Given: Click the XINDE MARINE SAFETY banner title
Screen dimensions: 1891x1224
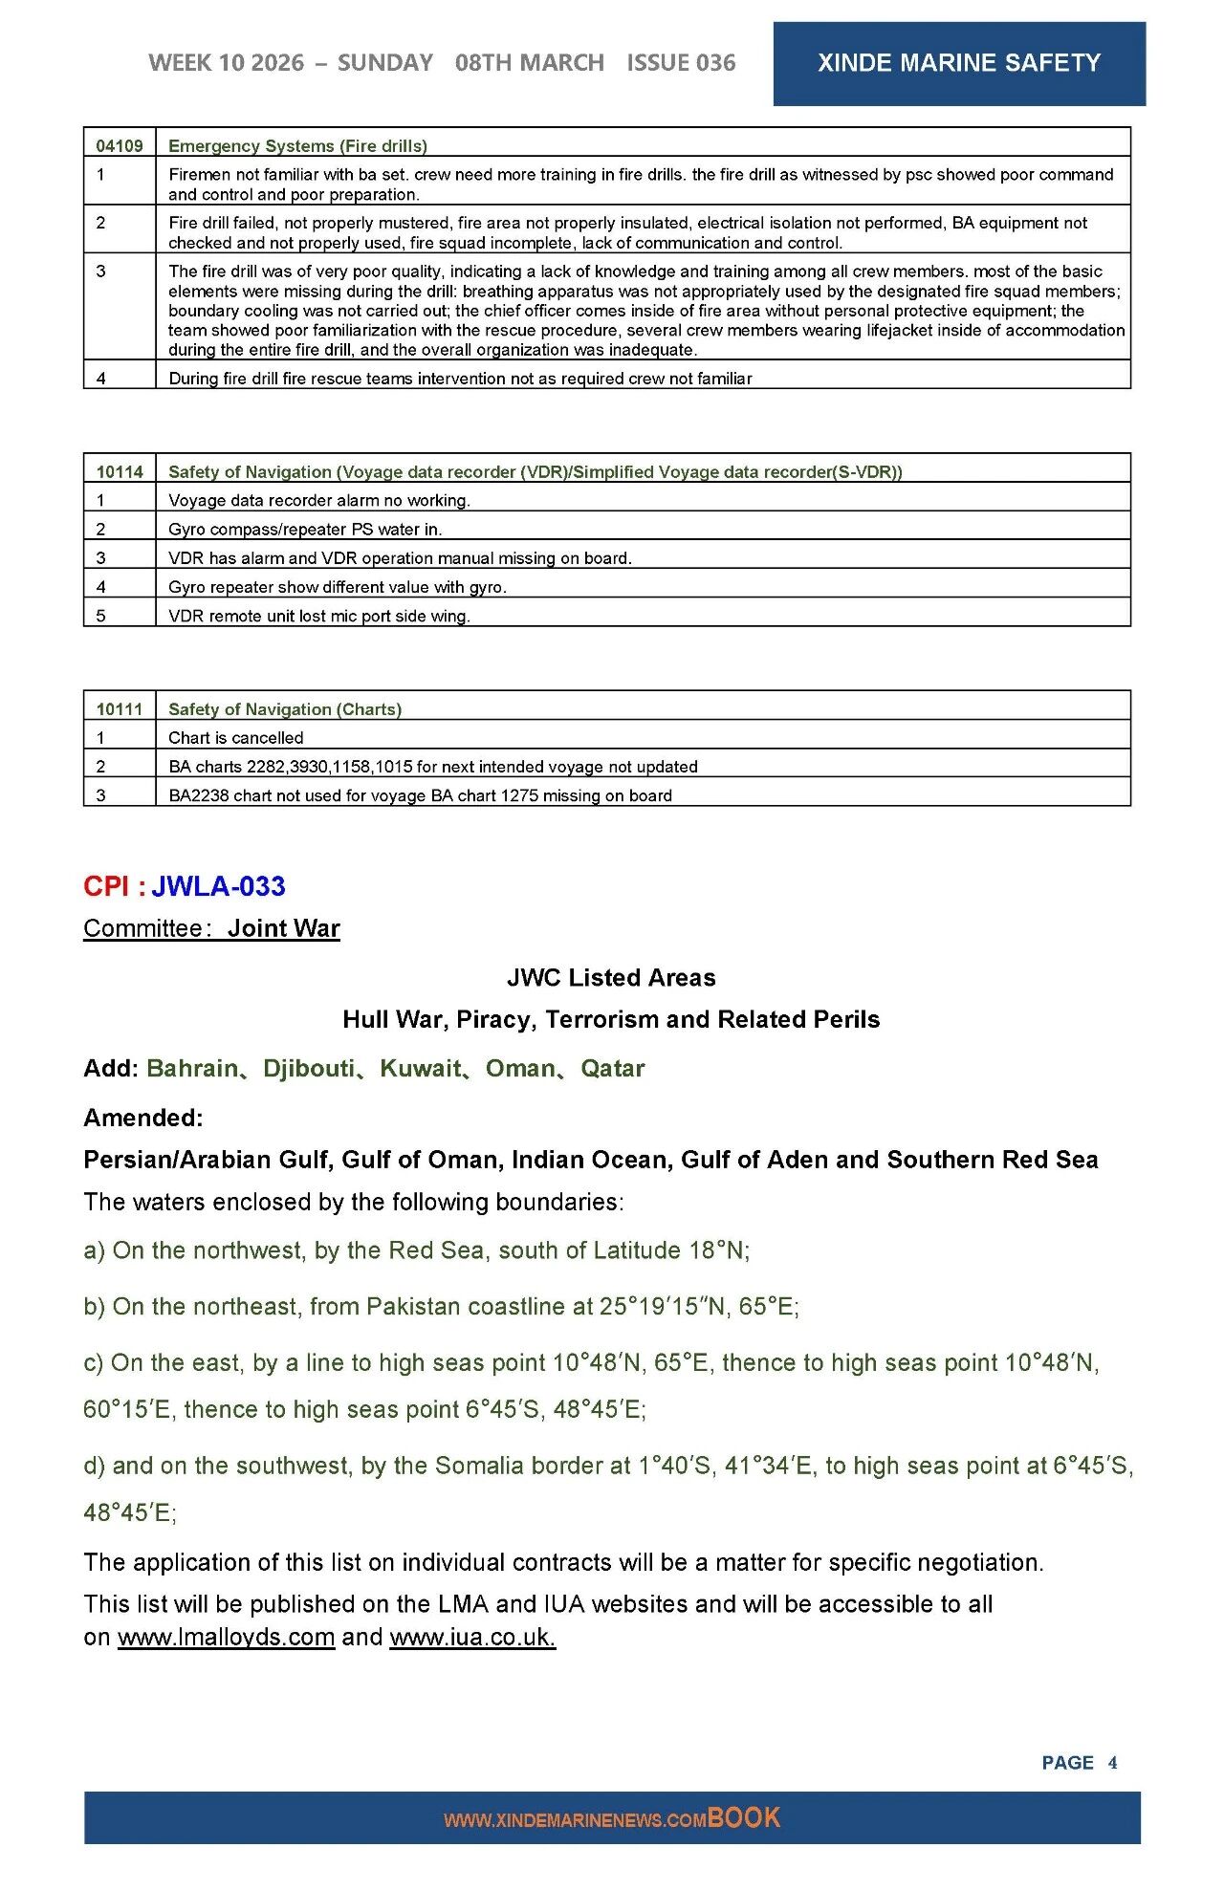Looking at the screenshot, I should click(958, 63).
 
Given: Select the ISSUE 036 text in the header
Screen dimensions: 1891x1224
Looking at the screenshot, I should click(681, 63).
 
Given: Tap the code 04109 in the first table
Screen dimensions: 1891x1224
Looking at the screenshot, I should click(120, 146).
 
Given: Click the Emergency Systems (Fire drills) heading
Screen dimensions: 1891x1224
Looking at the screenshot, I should click(297, 146).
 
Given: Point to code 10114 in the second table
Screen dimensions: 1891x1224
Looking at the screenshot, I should click(120, 471).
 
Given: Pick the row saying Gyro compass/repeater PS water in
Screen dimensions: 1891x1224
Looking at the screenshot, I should click(305, 529).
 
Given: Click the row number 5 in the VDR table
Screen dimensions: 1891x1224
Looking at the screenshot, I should click(100, 616).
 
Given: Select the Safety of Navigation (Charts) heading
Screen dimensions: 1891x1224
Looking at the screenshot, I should click(285, 709).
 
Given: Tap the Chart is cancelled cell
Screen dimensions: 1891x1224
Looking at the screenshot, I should click(235, 738).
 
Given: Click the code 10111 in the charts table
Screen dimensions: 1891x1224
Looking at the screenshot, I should click(120, 709).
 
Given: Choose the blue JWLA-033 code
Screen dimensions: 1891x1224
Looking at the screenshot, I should click(218, 886).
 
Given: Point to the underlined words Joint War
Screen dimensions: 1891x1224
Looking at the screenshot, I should click(283, 928).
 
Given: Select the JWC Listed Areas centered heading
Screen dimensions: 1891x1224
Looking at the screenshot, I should click(611, 977).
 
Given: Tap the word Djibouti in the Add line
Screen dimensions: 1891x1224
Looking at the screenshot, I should click(308, 1068).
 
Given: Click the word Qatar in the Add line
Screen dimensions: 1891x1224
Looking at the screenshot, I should click(613, 1068).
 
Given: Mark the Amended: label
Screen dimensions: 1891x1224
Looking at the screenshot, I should click(143, 1118).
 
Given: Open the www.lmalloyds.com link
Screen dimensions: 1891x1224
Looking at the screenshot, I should click(226, 1637).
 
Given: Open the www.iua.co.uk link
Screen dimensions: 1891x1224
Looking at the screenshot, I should click(472, 1637).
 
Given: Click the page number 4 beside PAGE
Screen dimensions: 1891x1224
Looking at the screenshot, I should click(1112, 1762).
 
